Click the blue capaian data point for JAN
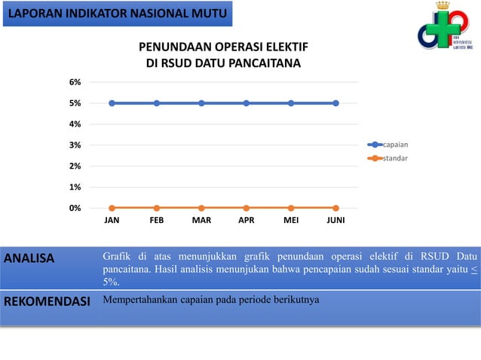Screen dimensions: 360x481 point(112,103)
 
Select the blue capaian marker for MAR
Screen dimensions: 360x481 point(201,103)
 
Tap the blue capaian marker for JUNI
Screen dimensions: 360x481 point(335,103)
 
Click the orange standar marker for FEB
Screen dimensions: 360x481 point(157,208)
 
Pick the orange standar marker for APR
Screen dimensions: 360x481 point(247,208)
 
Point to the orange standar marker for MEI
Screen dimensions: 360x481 point(291,208)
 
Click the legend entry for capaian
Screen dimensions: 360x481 point(395,144)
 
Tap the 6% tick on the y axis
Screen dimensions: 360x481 point(75,82)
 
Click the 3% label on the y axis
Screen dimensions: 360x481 point(75,145)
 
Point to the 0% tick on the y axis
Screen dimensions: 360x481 point(75,208)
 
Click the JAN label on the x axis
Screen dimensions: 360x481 point(112,222)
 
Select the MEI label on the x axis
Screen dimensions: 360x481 point(291,222)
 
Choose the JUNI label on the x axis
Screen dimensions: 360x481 point(336,222)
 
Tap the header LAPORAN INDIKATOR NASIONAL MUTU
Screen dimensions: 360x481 point(116,13)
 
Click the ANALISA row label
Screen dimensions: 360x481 point(29,259)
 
